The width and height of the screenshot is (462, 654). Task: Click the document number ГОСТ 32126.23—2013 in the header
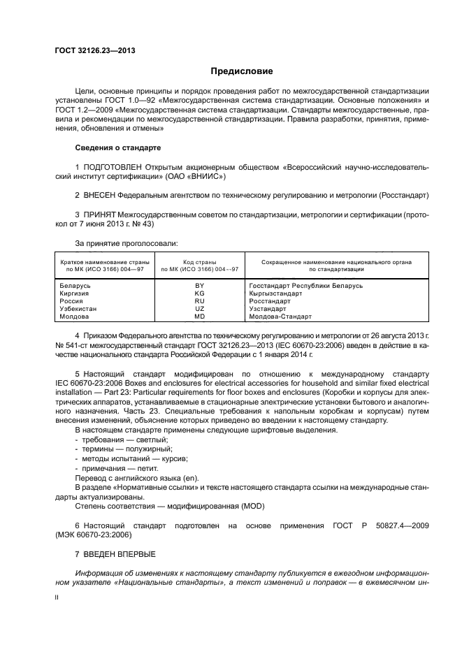(x=96, y=50)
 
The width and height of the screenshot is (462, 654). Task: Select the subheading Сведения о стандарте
(x=117, y=148)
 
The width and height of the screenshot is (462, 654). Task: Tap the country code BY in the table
(x=200, y=285)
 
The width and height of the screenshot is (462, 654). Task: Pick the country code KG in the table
(x=200, y=293)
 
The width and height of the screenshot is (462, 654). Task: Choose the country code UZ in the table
(x=200, y=308)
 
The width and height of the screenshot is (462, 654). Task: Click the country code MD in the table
(x=200, y=316)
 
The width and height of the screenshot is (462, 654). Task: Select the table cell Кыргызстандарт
(x=275, y=293)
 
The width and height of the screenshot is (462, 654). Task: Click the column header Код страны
(x=200, y=261)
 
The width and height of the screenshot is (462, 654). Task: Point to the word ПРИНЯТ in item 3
(x=99, y=214)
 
